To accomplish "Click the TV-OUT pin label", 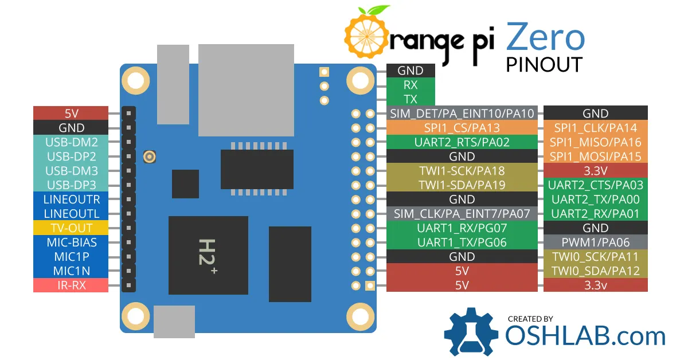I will click(x=71, y=228).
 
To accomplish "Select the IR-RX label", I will click(x=71, y=285).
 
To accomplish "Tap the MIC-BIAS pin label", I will click(x=71, y=242).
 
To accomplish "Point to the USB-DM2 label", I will click(x=71, y=142).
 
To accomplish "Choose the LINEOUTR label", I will click(x=71, y=199).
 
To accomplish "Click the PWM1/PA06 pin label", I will click(x=595, y=242).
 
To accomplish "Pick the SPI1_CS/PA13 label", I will click(x=462, y=127).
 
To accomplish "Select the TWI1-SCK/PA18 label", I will click(x=462, y=170).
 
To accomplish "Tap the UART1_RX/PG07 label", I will click(x=462, y=228).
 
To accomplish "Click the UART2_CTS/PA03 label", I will click(x=595, y=185).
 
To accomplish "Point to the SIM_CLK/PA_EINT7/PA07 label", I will click(x=462, y=213).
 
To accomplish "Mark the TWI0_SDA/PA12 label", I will click(x=595, y=271).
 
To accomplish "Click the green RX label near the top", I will click(x=411, y=84).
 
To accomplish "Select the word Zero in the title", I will click(x=545, y=37).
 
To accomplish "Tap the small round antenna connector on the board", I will click(x=150, y=156).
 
